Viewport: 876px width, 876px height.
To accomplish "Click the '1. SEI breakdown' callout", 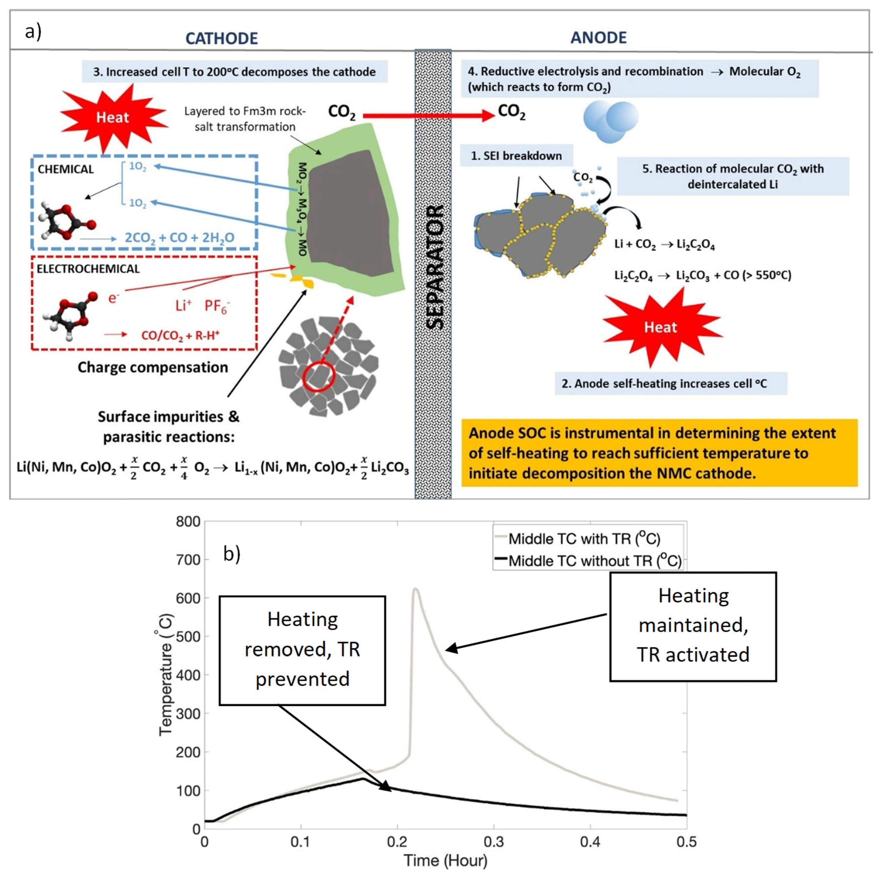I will (516, 156).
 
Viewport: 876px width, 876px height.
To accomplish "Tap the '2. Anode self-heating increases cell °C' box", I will (670, 384).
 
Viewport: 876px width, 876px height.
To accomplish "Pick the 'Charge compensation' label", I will (153, 367).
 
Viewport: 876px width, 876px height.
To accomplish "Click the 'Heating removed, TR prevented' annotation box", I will (303, 650).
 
